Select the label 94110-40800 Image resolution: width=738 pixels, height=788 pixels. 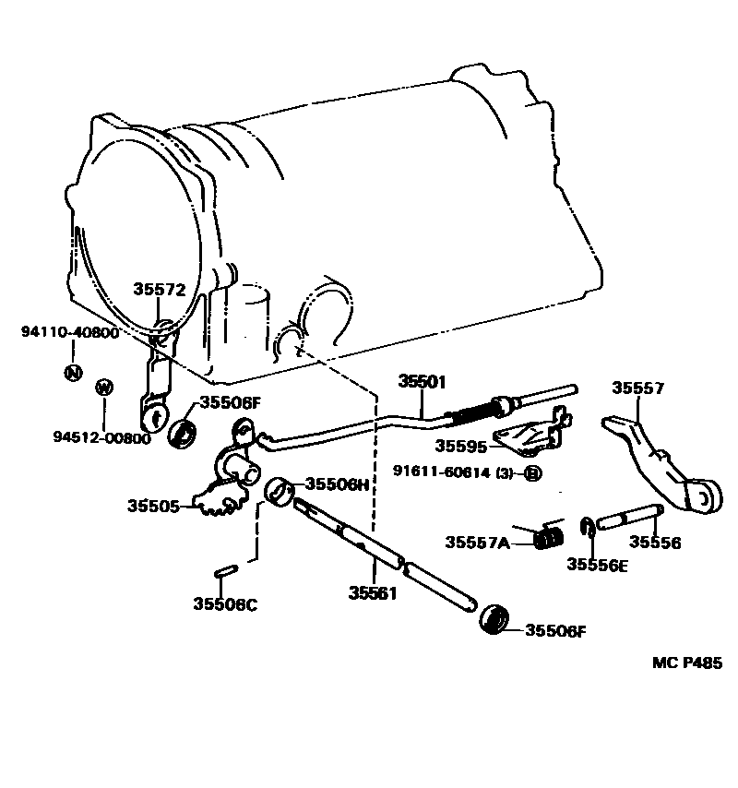tap(70, 332)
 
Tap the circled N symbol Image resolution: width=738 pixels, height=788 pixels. tap(71, 372)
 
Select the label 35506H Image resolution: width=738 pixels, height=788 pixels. tap(338, 484)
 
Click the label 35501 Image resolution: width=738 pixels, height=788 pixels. tap(423, 380)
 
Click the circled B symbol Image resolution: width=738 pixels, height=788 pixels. tap(532, 474)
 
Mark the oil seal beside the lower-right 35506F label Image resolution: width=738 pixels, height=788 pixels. tap(495, 620)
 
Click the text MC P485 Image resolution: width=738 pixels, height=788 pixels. tap(686, 663)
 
